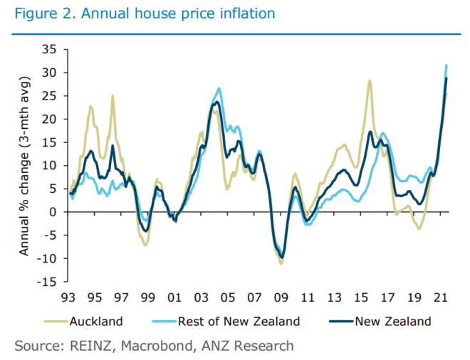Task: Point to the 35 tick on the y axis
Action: point(48,48)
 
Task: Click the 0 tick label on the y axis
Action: point(53,211)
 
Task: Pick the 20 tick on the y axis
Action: point(48,118)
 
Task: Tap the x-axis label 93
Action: point(70,296)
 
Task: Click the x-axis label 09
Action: point(281,296)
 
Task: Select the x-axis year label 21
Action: point(440,296)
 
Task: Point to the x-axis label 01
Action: point(175,296)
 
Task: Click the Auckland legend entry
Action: point(95,321)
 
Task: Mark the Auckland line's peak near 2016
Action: point(370,80)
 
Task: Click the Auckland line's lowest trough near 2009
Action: point(281,263)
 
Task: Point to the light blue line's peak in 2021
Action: point(446,65)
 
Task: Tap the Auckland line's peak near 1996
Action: point(112,95)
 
